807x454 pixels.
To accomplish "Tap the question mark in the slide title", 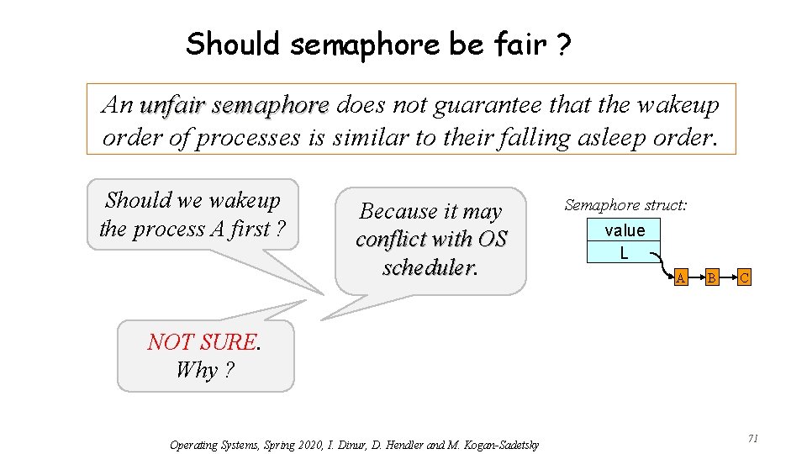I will [562, 44].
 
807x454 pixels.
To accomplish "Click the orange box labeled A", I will [681, 277].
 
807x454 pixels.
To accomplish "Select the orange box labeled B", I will [711, 277].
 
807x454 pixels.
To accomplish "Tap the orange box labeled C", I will [743, 277].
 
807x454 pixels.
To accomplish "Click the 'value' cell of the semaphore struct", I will [625, 230].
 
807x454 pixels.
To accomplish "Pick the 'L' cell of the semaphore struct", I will [624, 252].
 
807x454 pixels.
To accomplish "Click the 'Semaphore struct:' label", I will [626, 204].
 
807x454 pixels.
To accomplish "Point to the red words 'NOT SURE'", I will [202, 342].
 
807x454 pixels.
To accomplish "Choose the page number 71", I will [753, 438].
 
